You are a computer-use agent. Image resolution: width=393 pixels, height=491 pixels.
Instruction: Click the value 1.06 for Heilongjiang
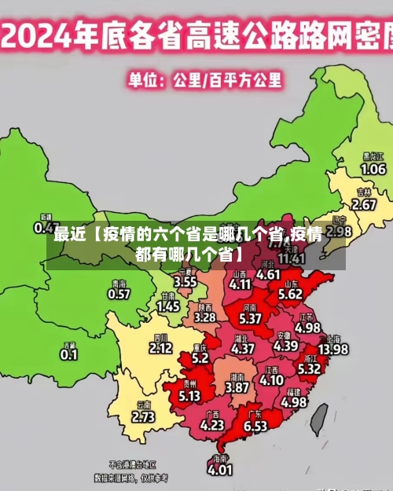373,169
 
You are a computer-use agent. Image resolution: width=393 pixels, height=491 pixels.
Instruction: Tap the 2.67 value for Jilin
364,204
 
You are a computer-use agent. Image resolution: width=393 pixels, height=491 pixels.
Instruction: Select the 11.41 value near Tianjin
292,258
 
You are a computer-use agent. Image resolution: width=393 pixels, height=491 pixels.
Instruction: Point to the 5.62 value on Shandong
290,294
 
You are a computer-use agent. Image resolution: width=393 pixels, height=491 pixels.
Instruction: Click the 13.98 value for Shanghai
332,349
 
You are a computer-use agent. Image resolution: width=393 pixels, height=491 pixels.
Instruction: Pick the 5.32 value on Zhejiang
309,368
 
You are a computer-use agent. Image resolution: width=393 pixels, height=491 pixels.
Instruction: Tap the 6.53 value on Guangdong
255,426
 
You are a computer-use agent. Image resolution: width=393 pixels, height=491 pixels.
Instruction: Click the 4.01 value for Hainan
219,470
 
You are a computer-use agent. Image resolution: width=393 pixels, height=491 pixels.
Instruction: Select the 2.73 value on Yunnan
143,417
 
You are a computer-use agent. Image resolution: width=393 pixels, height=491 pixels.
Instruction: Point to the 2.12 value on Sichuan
160,347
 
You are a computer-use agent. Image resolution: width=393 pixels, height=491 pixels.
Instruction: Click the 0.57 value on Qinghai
119,294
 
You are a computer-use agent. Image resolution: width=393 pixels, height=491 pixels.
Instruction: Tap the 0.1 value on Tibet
69,354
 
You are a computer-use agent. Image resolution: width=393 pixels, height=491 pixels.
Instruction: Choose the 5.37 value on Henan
250,319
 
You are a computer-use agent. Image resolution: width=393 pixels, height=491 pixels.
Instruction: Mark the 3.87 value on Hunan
237,387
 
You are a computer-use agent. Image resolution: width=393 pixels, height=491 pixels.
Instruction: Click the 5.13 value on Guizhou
189,397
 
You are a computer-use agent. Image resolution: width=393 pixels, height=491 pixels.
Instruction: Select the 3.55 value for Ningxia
185,280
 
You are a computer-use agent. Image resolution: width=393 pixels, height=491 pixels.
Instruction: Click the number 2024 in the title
44,35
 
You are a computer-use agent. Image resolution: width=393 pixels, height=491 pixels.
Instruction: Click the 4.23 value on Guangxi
212,425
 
